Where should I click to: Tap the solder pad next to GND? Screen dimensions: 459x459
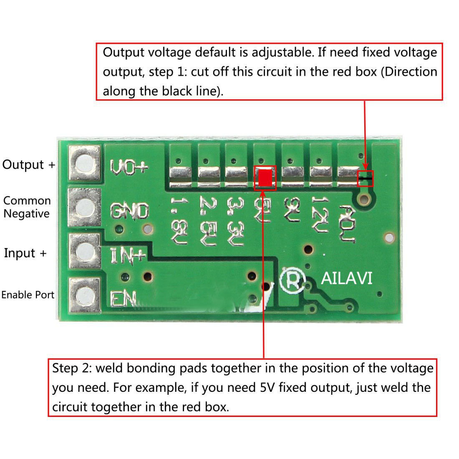pyautogui.click(x=86, y=207)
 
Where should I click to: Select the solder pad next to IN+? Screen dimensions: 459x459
pyautogui.click(x=86, y=251)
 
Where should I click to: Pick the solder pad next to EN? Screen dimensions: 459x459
pyautogui.click(x=86, y=295)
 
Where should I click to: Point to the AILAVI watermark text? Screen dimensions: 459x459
pyautogui.click(x=346, y=278)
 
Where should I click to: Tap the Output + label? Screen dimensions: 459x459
pyautogui.click(x=28, y=164)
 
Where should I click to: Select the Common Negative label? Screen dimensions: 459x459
pyautogui.click(x=27, y=207)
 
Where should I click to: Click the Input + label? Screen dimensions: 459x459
pyautogui.click(x=25, y=253)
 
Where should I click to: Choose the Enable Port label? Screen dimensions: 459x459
pyautogui.click(x=28, y=295)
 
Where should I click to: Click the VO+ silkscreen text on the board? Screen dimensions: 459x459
pyautogui.click(x=129, y=167)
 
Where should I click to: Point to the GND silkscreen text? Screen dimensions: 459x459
pyautogui.click(x=129, y=211)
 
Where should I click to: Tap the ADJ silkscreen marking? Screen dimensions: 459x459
pyautogui.click(x=348, y=223)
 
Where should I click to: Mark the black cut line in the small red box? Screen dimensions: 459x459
pyautogui.click(x=366, y=178)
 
